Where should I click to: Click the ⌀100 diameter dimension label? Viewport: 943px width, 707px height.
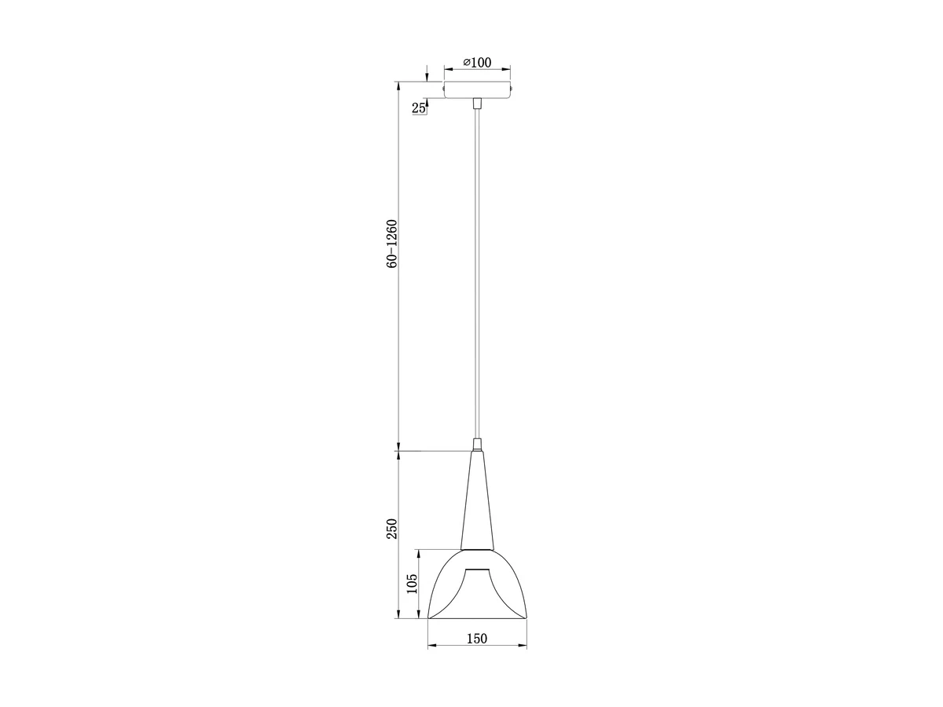pos(477,63)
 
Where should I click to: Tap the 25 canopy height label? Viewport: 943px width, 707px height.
pos(418,108)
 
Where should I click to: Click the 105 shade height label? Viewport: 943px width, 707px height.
pos(412,584)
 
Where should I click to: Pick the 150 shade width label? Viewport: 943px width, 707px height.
pos(477,650)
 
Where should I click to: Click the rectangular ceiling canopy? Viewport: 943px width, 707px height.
pos(477,90)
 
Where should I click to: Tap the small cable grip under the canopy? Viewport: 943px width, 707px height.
pos(477,104)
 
